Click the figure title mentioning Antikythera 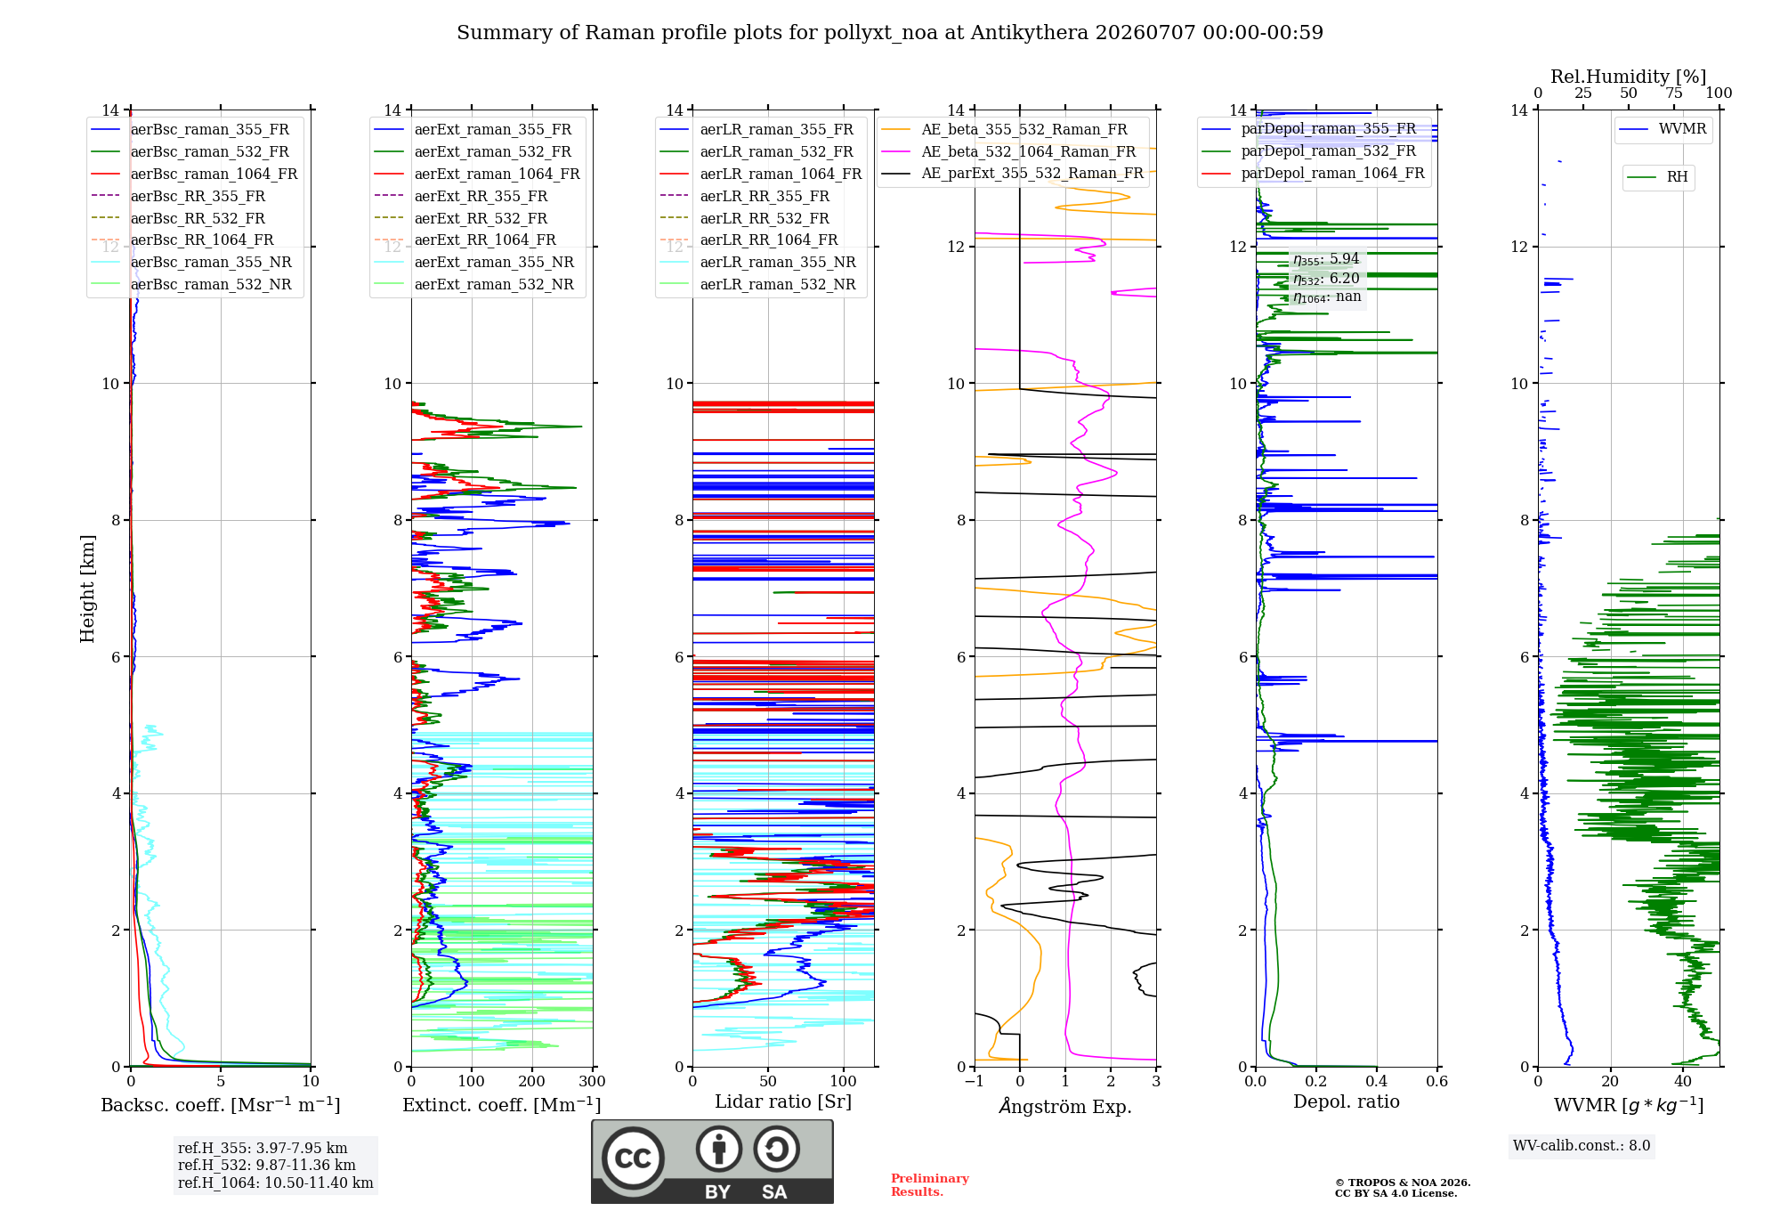tap(890, 33)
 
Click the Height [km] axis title tap(87, 589)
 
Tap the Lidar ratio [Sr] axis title tap(783, 1101)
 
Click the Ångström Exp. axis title tap(1065, 1106)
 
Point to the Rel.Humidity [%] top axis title tap(1629, 77)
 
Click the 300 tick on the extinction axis tap(593, 1081)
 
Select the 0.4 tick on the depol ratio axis tap(1377, 1081)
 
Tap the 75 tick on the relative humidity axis tap(1674, 93)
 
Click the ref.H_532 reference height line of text tap(267, 1165)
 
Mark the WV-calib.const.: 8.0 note tap(1582, 1145)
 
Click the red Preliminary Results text tap(930, 1185)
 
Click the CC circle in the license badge tap(633, 1158)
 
